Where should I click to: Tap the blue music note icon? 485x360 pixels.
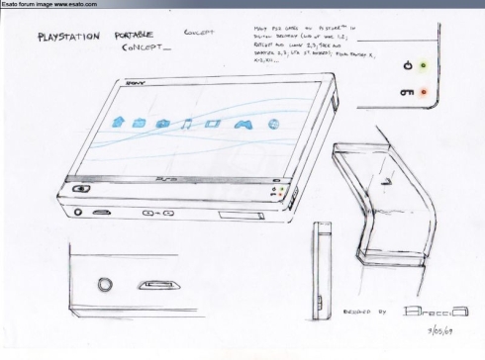pos(185,124)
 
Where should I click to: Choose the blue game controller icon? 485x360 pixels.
pos(240,125)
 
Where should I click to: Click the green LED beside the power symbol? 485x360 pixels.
pos(425,65)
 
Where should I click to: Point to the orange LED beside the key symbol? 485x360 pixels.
pos(425,92)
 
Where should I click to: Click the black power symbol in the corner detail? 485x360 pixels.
pos(407,65)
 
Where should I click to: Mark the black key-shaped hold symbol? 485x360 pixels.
pos(407,92)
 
